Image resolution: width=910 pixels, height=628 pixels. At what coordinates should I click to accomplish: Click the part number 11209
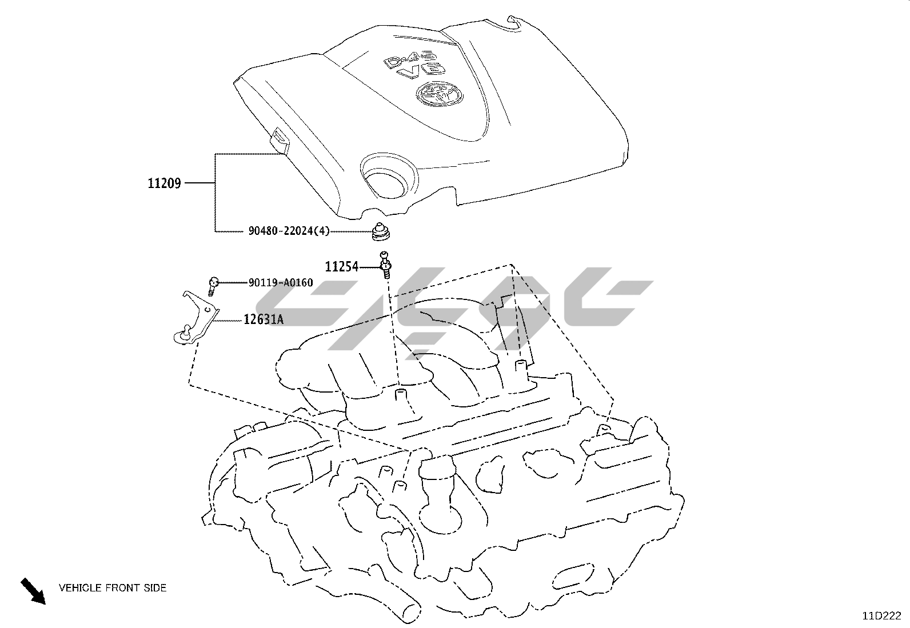pyautogui.click(x=164, y=183)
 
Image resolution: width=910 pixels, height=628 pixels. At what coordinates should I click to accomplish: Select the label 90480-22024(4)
pyautogui.click(x=289, y=231)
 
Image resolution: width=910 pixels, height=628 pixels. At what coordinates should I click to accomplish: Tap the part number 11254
pyautogui.click(x=342, y=267)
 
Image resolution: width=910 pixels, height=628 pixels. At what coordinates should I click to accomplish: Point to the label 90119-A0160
pyautogui.click(x=281, y=282)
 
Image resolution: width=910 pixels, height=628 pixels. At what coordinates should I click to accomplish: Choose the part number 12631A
pyautogui.click(x=264, y=319)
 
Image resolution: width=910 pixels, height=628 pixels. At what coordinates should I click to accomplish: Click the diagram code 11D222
pyautogui.click(x=881, y=616)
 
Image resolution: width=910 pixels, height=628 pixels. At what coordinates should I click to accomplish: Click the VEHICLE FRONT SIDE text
pyautogui.click(x=113, y=588)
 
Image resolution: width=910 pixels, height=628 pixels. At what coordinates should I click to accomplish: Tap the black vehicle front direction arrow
pyautogui.click(x=33, y=591)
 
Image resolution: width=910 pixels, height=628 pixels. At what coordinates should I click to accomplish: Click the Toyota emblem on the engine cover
pyautogui.click(x=440, y=94)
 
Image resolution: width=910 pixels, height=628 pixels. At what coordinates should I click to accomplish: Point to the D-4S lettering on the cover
pyautogui.click(x=409, y=58)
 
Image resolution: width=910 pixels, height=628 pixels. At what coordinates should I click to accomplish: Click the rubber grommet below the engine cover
pyautogui.click(x=381, y=231)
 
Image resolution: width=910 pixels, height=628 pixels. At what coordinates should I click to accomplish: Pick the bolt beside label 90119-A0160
pyautogui.click(x=213, y=286)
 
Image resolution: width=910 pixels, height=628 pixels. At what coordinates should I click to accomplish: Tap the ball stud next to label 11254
pyautogui.click(x=385, y=264)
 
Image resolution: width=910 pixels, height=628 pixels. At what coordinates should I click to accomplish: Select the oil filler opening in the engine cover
pyautogui.click(x=389, y=177)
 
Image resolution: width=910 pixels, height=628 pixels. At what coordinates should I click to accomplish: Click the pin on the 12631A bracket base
pyautogui.click(x=187, y=331)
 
